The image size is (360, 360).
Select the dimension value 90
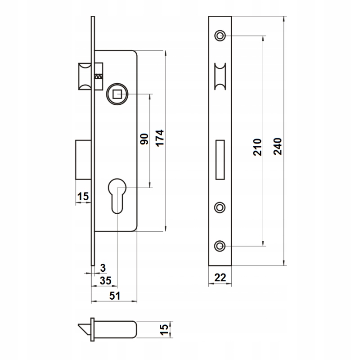[x=144, y=139]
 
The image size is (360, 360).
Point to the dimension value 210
[x=257, y=147]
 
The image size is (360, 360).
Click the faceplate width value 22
[x=220, y=278]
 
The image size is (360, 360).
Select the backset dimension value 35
[x=105, y=281]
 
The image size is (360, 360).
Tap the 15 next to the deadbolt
[x=83, y=196]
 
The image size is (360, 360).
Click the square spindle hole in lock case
[x=118, y=94]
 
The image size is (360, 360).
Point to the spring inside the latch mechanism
[x=99, y=76]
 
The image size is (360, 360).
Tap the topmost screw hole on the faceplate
[x=220, y=36]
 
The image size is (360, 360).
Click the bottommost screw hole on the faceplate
[x=220, y=246]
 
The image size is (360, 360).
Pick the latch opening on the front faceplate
[x=220, y=76]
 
